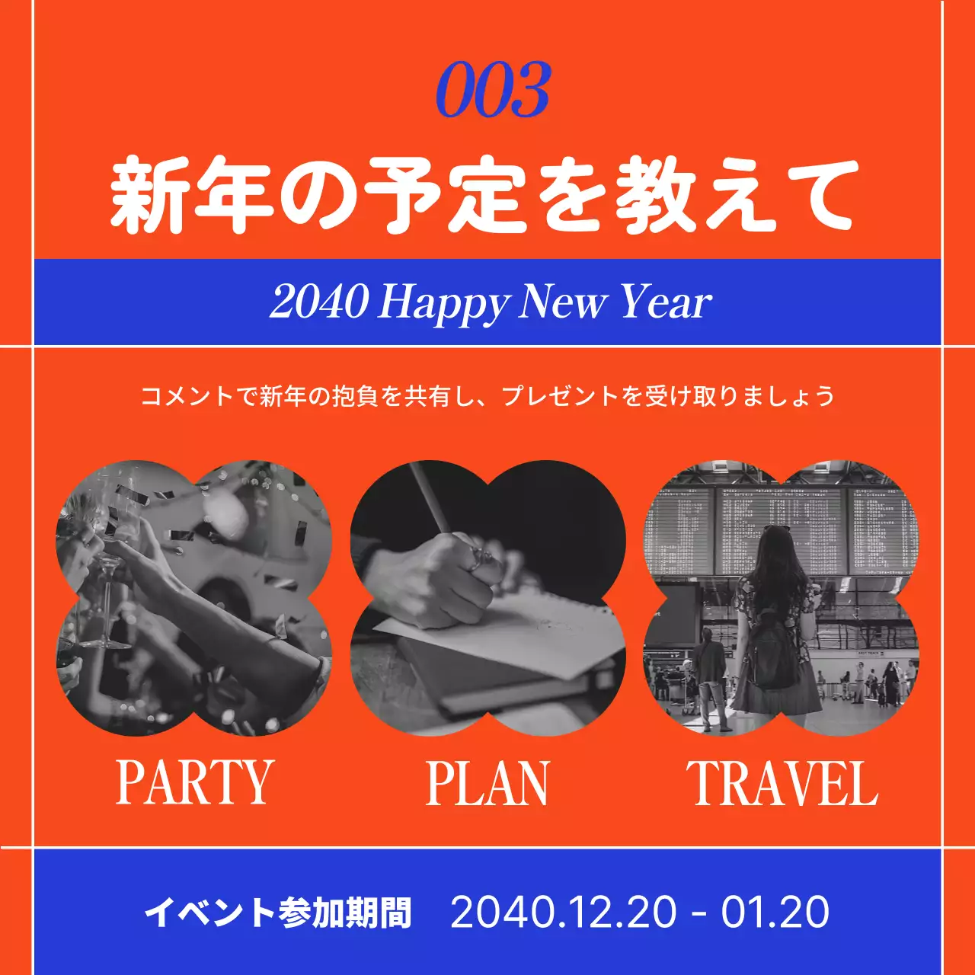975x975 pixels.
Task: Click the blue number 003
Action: (493, 91)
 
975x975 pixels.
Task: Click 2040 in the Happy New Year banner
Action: (318, 302)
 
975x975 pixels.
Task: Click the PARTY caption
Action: (194, 782)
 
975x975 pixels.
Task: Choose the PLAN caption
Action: (487, 783)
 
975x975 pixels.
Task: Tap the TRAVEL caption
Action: (782, 783)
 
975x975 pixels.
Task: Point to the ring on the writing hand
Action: (478, 560)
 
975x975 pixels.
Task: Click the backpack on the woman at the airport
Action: (771, 647)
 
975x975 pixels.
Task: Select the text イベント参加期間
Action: (278, 912)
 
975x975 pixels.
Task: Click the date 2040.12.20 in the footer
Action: (563, 912)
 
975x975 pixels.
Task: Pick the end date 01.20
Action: (775, 912)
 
